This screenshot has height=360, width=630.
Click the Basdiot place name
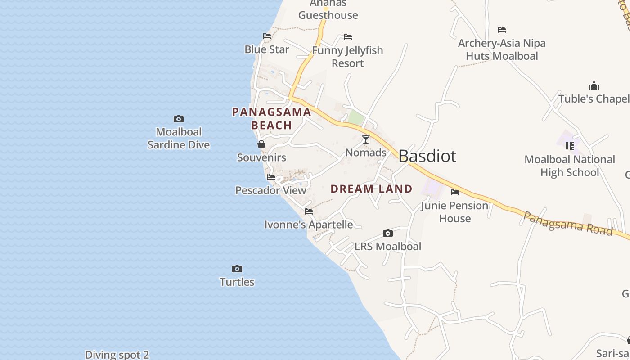[427, 156]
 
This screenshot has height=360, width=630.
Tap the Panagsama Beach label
[271, 118]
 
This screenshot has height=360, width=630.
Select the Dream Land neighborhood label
[371, 189]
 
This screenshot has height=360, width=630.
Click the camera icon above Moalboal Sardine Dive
[179, 119]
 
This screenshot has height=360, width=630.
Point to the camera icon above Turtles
[237, 269]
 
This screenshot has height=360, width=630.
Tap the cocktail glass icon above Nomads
[366, 139]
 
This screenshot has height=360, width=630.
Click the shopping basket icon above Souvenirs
[261, 144]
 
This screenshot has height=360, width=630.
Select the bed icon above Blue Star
[267, 36]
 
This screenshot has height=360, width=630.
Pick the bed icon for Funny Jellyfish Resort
[348, 37]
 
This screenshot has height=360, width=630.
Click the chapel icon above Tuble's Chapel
[594, 86]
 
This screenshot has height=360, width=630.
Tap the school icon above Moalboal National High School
[570, 146]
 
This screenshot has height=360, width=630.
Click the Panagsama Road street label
[568, 223]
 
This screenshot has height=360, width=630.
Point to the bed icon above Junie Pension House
[455, 193]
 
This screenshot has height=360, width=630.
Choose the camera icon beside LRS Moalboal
[388, 233]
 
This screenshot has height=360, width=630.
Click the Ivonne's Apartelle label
[308, 224]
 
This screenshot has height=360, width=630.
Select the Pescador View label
[271, 190]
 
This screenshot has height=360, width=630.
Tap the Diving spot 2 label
[117, 355]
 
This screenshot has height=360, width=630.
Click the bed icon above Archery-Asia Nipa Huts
[502, 30]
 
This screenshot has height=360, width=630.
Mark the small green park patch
[356, 118]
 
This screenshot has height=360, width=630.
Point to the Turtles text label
[237, 282]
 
